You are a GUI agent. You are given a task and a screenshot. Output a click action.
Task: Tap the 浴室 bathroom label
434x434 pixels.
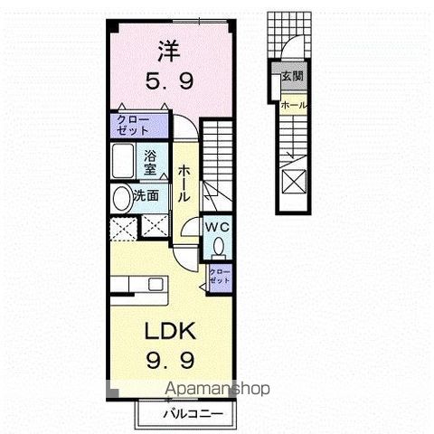point(151,161)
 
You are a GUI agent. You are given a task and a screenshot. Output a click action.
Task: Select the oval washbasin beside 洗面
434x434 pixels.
point(120,197)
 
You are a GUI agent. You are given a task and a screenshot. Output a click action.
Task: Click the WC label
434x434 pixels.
point(217,227)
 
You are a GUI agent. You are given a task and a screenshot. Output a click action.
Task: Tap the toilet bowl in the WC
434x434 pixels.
point(218,246)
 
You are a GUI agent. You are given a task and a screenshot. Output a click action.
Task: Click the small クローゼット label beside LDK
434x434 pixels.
point(219,275)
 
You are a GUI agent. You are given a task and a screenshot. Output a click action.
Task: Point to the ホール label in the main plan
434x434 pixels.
point(184,184)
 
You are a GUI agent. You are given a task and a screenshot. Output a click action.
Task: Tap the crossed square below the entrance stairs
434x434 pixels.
point(295,182)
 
